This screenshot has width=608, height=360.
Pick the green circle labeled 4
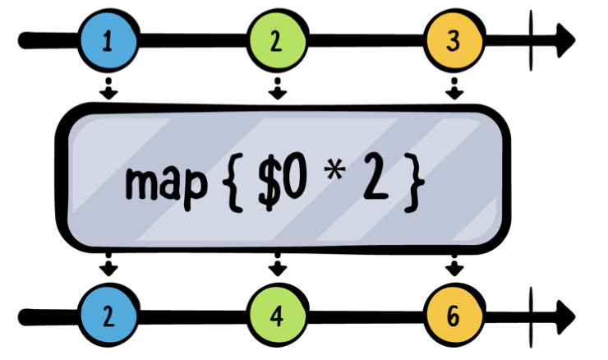click(278, 316)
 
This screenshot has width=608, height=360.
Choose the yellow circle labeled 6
click(453, 316)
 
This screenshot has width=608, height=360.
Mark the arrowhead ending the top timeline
click(565, 39)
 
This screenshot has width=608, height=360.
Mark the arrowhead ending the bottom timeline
click(565, 316)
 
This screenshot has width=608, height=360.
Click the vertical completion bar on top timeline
click(532, 39)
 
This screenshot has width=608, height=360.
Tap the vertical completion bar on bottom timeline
click(532, 316)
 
